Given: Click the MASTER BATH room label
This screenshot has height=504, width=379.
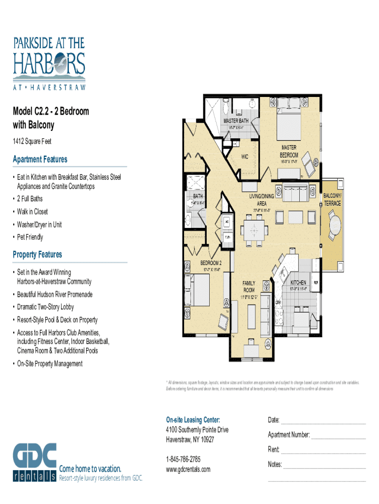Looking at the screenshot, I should click(236, 121).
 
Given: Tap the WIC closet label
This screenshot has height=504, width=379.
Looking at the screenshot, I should click(245, 157).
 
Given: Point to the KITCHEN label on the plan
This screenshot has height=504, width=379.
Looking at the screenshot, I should click(299, 283).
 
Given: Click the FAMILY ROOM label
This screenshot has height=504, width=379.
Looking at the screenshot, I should click(249, 286).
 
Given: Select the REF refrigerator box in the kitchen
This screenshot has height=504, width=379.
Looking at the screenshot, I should click(316, 283).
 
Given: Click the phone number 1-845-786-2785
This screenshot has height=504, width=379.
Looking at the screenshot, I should click(183, 459).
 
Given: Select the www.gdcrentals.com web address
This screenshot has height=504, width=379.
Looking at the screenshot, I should click(188, 469).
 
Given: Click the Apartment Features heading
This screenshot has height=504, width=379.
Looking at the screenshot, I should click(40, 159).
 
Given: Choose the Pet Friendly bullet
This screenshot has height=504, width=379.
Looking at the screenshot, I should click(30, 237).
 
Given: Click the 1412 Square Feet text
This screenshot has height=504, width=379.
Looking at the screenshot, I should click(32, 142).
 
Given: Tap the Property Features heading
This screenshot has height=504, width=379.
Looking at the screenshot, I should click(37, 254).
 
